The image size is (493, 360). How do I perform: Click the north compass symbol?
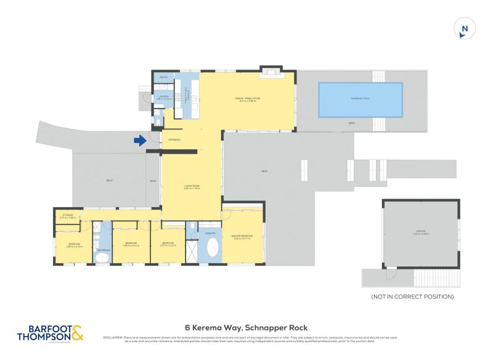coord(465,28)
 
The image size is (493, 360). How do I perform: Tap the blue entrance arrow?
coord(141,141)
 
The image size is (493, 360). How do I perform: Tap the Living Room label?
coord(191,186)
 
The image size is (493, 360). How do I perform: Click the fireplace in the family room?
coord(269,72)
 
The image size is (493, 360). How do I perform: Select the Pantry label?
coord(164,77)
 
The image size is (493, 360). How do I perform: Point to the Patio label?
coord(109,181)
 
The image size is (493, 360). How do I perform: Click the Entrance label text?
coord(173,140)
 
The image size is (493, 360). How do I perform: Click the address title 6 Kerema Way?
coord(246,328)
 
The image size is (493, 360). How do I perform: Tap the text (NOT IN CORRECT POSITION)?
coord(412,297)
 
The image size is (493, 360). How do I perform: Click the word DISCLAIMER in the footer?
coord(114,338)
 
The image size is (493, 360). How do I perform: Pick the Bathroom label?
coord(103,250)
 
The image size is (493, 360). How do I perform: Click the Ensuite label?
coord(210,234)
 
